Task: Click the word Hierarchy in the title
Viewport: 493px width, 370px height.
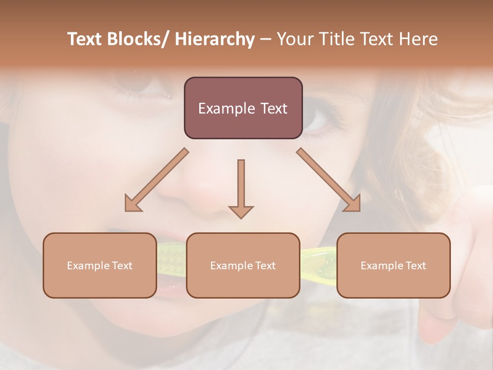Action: pyautogui.click(x=215, y=40)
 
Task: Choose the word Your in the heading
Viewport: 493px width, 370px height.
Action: pyautogui.click(x=295, y=40)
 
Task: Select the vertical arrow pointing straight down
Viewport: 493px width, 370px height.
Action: pyautogui.click(x=241, y=188)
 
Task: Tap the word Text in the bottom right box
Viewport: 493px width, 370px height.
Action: pyautogui.click(x=415, y=266)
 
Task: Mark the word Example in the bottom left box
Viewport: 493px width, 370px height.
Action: pyautogui.click(x=88, y=266)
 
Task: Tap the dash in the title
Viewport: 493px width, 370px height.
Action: pyautogui.click(x=266, y=40)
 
